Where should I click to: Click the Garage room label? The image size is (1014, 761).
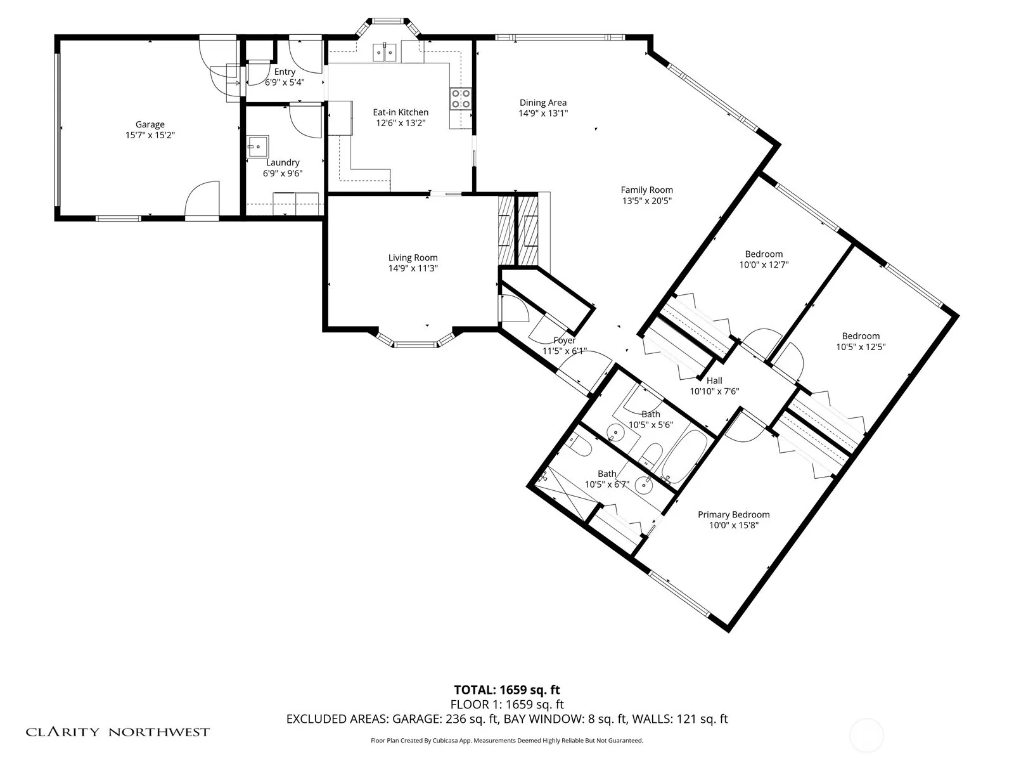point(150,124)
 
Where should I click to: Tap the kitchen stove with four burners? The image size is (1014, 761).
point(461,98)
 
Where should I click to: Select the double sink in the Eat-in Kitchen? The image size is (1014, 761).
point(385,52)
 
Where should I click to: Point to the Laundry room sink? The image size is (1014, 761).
point(258,146)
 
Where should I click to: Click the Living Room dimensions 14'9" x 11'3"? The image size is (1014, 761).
point(413,268)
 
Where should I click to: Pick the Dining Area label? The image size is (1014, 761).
point(542,103)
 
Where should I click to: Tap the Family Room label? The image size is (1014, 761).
point(646,190)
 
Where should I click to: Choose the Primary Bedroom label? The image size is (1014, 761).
point(734,514)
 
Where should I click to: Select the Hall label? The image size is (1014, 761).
point(714,380)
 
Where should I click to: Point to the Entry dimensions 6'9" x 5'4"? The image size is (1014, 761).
point(285,82)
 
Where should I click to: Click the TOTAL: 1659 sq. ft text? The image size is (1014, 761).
point(507,690)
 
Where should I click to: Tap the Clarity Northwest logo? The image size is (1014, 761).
point(117,731)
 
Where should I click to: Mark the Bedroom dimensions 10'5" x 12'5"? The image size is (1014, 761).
point(861,347)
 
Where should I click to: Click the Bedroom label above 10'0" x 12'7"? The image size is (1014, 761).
point(764,254)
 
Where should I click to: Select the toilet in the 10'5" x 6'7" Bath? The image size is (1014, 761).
point(579,446)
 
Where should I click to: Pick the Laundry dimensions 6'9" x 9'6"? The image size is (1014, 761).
point(283,173)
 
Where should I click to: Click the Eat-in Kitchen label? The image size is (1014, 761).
point(401,112)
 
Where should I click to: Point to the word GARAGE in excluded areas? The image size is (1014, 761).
point(416,719)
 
